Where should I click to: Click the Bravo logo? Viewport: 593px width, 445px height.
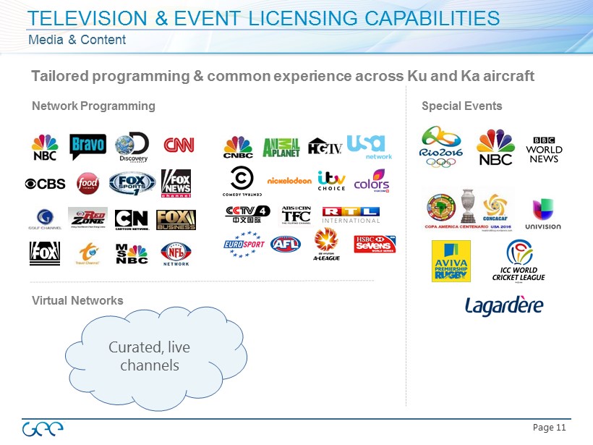[88, 148]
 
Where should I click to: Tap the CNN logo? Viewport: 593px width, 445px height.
[179, 146]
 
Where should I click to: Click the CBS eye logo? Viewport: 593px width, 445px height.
[45, 183]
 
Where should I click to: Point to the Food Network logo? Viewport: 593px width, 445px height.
[88, 184]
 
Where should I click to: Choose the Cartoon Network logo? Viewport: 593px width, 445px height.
[132, 219]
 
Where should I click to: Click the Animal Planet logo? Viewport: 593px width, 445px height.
[281, 148]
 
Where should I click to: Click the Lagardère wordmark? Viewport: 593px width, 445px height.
[504, 305]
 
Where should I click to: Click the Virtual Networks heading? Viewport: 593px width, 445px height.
[77, 300]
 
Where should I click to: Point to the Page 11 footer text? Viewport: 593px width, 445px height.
[549, 428]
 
